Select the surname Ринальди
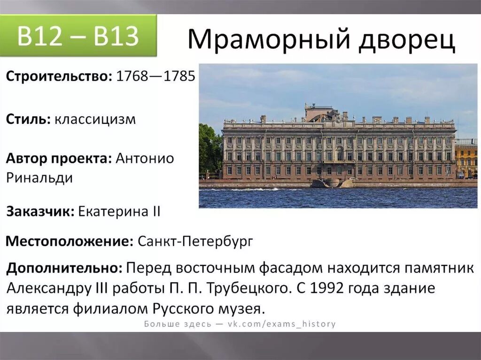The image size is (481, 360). click(x=39, y=178)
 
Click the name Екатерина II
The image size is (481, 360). click(x=119, y=212)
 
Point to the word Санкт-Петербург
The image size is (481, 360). click(x=195, y=242)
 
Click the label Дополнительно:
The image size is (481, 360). click(x=65, y=268)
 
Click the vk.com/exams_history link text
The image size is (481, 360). click(x=282, y=324)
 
